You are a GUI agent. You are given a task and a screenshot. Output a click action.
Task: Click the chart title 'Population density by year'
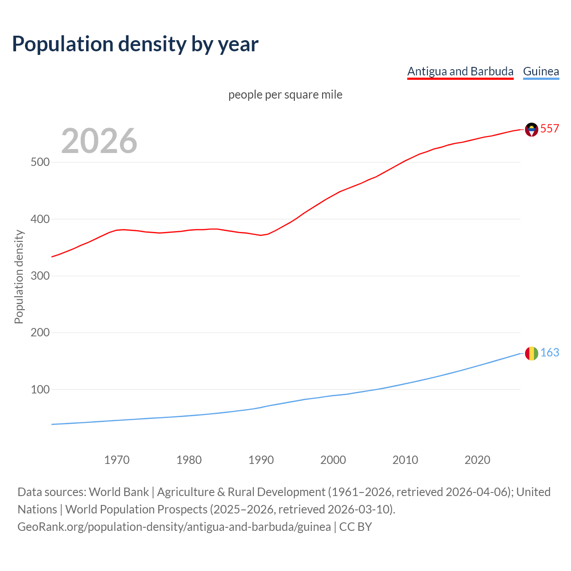[x=135, y=44]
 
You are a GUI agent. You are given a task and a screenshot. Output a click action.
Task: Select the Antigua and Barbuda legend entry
[x=460, y=71]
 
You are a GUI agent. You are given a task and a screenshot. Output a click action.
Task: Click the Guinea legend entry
[x=541, y=71]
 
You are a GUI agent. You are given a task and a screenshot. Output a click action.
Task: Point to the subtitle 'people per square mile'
[x=285, y=95]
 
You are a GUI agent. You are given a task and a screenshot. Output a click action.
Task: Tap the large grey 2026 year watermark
[x=99, y=141]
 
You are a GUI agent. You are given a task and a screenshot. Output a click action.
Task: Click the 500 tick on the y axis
[x=40, y=162]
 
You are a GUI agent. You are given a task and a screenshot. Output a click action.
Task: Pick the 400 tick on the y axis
[x=40, y=219]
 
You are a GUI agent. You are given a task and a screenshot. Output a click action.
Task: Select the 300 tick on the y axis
[x=40, y=276]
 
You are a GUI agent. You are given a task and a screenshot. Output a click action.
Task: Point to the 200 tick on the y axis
[x=40, y=333]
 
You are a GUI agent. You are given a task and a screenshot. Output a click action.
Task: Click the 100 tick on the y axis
[x=40, y=389]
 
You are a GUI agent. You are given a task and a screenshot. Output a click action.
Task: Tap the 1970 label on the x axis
[x=117, y=460]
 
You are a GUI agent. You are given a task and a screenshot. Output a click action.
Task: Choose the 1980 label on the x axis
[x=189, y=460]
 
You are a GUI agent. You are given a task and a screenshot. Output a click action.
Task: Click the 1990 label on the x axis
[x=261, y=460]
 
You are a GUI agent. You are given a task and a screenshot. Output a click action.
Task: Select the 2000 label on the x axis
[x=333, y=460]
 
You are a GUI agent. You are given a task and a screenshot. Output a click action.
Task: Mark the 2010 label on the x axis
[x=405, y=460]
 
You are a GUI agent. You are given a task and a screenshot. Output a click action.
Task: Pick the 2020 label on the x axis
[x=477, y=460]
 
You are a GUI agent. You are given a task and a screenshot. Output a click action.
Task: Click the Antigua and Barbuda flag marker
[x=531, y=129]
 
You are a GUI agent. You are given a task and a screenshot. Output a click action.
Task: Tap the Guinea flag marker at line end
[x=531, y=353]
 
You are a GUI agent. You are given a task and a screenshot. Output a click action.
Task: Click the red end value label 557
[x=550, y=129]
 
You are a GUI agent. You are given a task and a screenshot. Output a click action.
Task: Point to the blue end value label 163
[x=550, y=353]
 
